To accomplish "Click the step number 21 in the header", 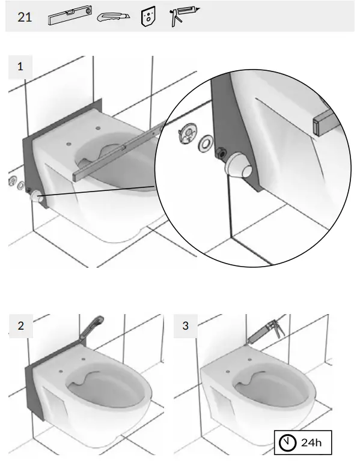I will click(24, 17).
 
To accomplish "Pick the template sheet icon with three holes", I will click(148, 17).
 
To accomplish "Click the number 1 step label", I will click(21, 67).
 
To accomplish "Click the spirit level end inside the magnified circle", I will click(323, 121).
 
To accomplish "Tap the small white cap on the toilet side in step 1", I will click(38, 198).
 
